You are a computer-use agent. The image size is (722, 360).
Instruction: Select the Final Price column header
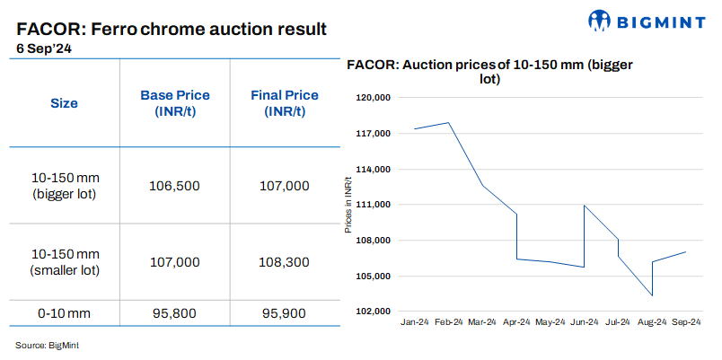tap(283, 103)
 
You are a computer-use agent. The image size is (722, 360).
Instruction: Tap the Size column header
tap(63, 103)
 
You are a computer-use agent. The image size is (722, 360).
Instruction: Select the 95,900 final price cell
tap(283, 313)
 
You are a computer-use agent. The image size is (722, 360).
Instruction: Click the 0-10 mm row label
tap(63, 313)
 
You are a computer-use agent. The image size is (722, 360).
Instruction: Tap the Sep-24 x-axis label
tap(685, 322)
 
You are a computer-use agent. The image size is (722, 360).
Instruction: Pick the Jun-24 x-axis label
tap(584, 322)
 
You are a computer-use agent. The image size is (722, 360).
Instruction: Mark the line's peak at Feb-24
tap(448, 123)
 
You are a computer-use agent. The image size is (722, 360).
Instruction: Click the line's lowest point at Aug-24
tap(652, 295)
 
